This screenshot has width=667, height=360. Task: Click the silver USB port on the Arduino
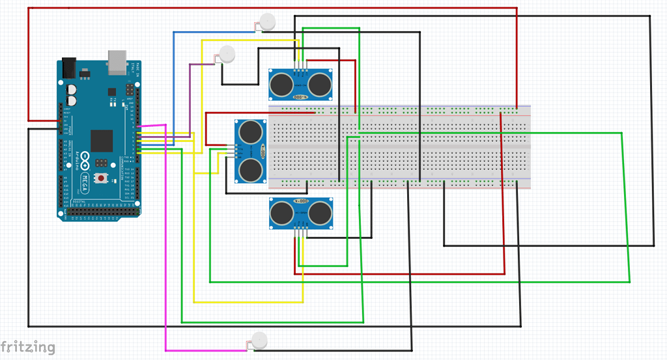coord(118,60)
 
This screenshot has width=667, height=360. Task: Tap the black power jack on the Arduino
coord(68,67)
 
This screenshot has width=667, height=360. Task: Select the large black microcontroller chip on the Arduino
coord(102,141)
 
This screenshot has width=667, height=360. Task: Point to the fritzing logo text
coord(27,347)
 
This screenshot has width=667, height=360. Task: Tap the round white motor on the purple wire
coord(227,53)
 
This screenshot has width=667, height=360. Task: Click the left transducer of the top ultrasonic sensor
coord(281,83)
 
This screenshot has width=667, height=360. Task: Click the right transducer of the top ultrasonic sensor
coord(320,83)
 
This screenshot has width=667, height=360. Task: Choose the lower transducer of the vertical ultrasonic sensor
coord(249,170)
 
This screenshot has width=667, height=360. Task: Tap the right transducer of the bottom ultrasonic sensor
coord(321,213)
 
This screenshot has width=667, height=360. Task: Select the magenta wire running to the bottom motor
coord(166,260)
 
